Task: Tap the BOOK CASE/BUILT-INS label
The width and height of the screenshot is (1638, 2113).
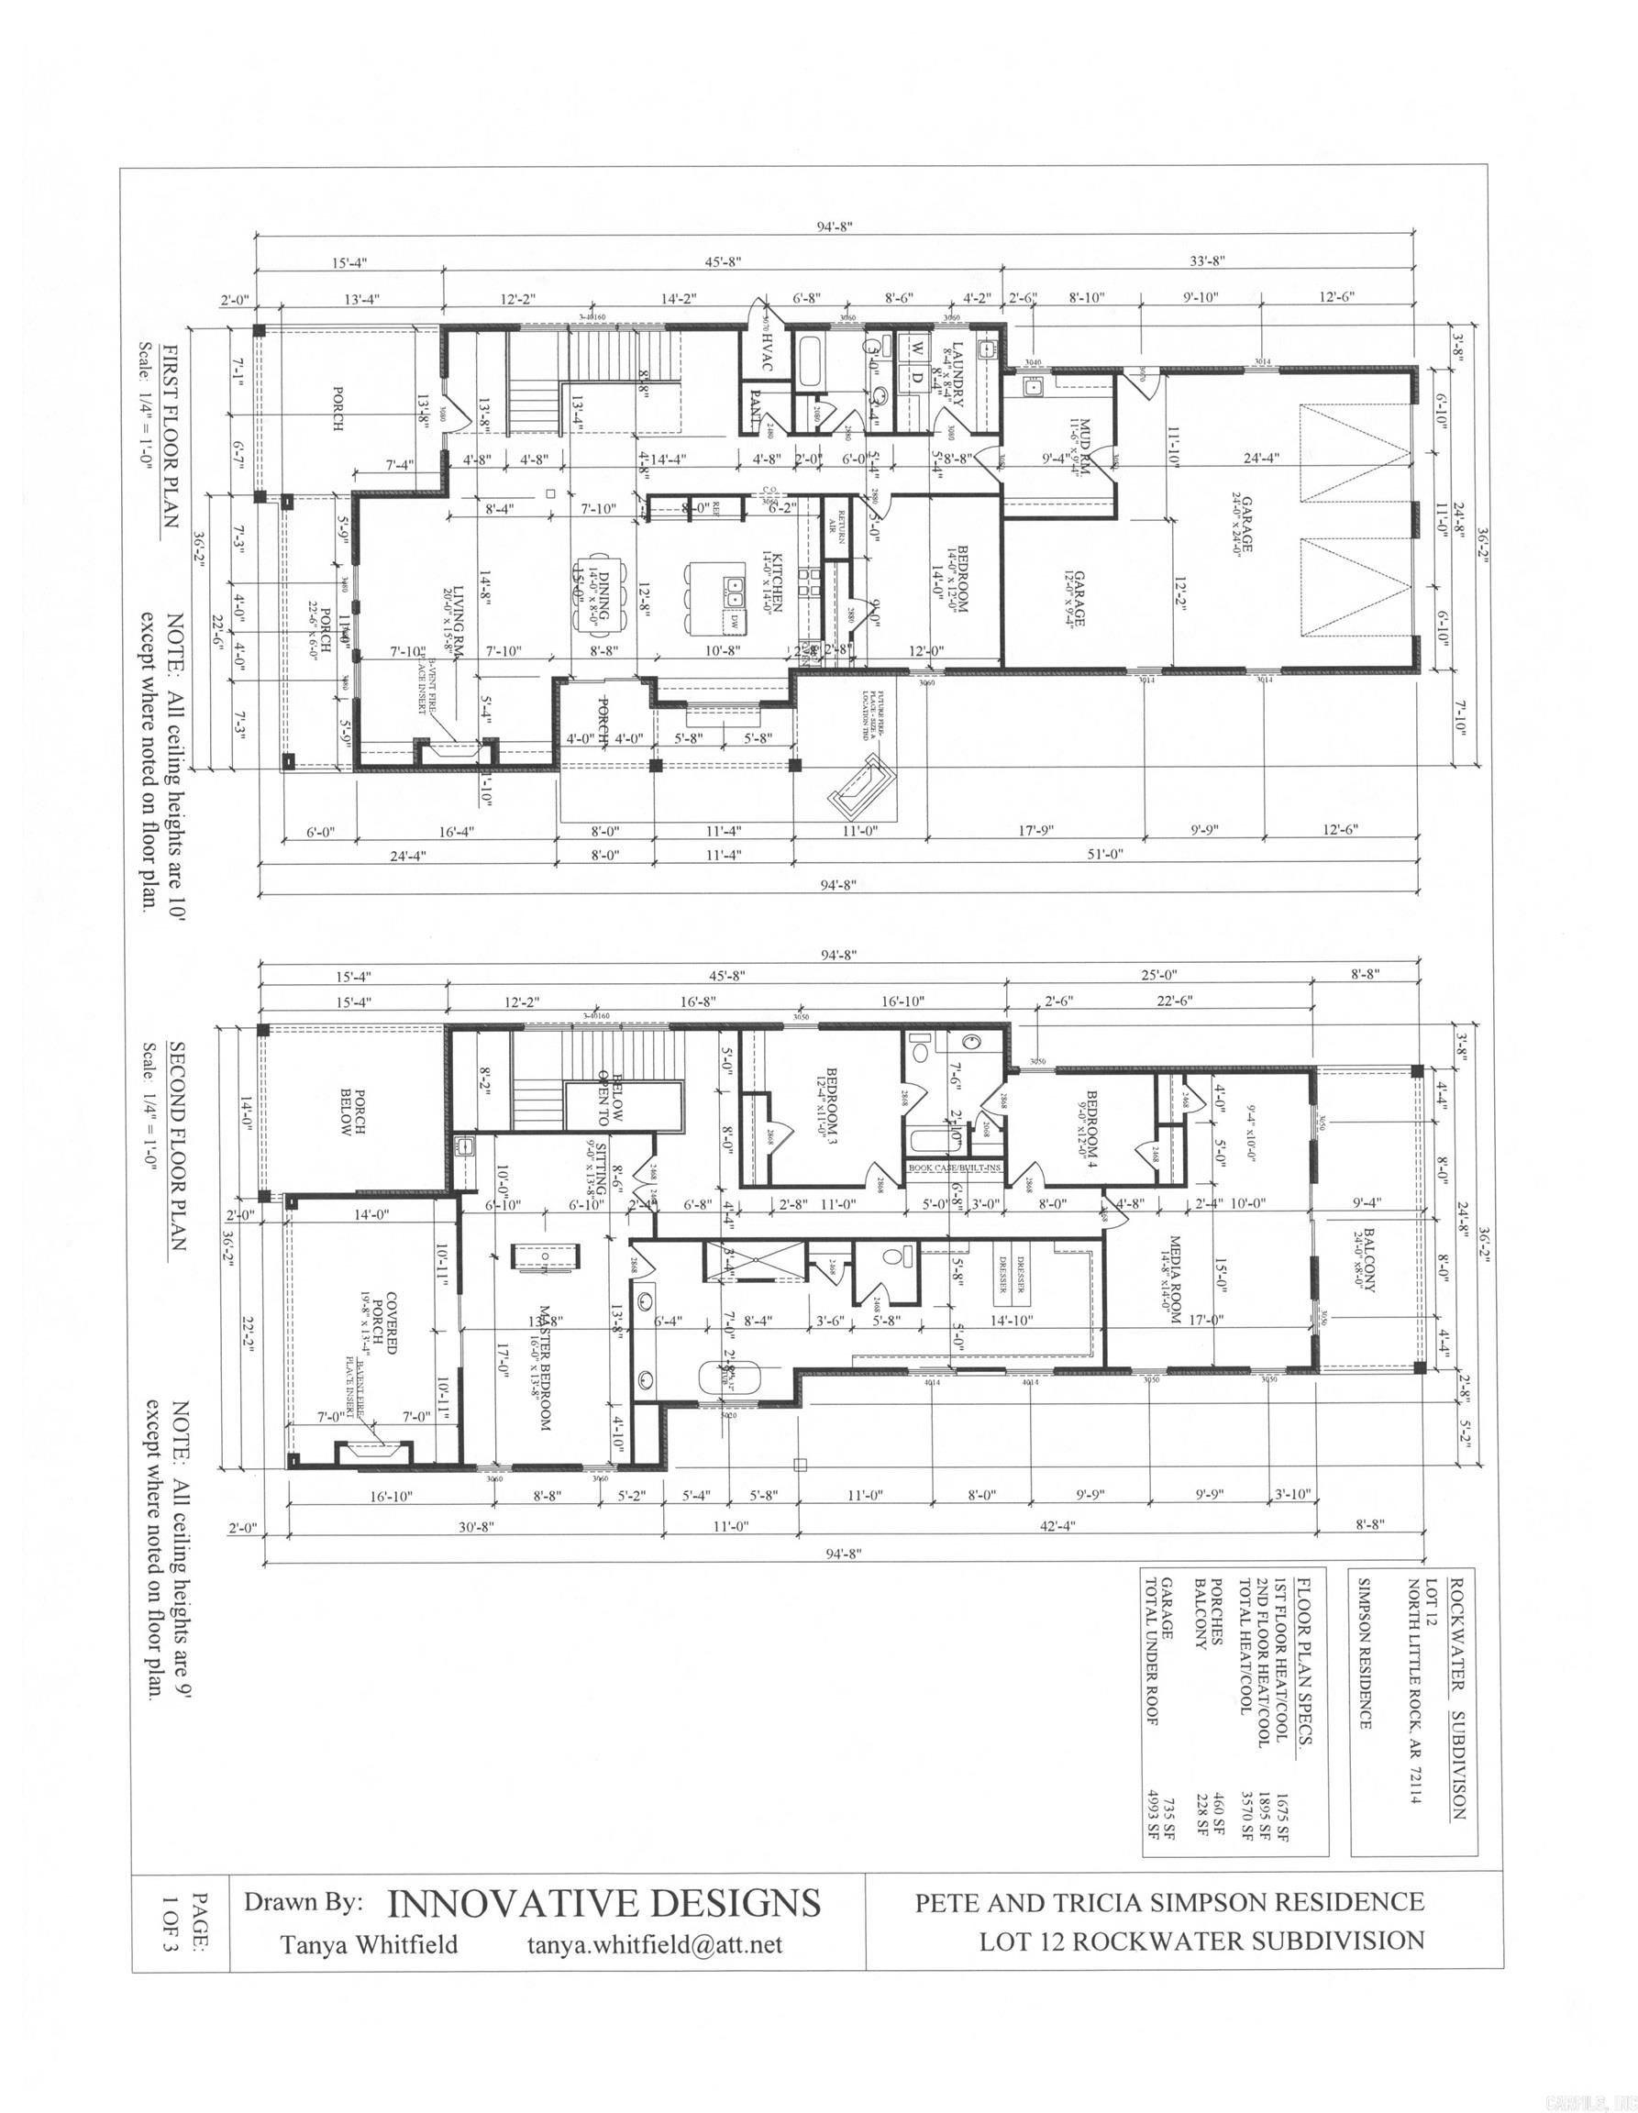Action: pyautogui.click(x=954, y=1167)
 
